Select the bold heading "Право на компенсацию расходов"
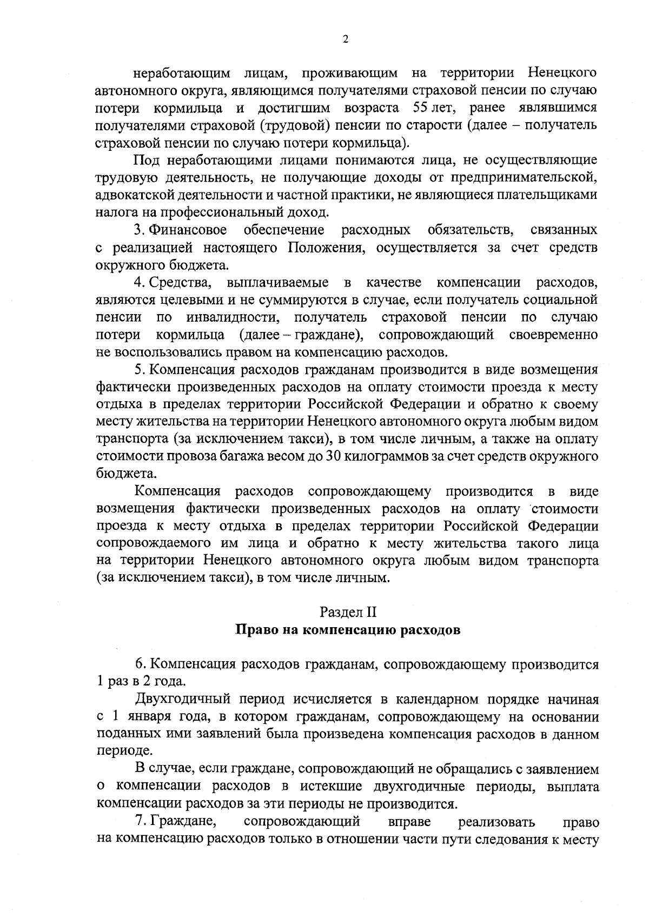point(348,630)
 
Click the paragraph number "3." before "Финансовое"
point(139,230)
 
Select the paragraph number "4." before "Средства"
point(139,283)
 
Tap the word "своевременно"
point(553,335)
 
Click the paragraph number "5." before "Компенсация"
point(139,370)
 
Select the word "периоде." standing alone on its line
point(116,752)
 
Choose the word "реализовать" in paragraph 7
point(496,822)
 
